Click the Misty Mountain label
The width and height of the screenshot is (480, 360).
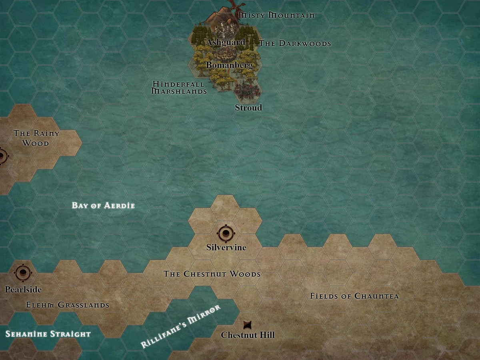click(x=276, y=15)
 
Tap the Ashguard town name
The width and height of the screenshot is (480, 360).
click(x=226, y=42)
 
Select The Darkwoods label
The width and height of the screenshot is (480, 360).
click(x=295, y=43)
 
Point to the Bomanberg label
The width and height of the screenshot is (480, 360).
click(x=229, y=65)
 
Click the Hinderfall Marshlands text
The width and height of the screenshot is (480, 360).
click(x=179, y=88)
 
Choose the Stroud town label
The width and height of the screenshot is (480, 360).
click(x=248, y=108)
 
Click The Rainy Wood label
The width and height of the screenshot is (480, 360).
click(x=36, y=138)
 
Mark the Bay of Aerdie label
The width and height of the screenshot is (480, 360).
click(x=103, y=206)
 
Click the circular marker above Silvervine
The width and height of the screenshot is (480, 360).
click(x=226, y=233)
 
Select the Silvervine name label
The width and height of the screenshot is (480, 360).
click(x=226, y=248)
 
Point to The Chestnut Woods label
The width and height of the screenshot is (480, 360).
click(x=212, y=274)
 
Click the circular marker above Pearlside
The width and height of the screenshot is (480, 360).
click(x=23, y=273)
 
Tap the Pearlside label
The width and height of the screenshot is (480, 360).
click(x=23, y=289)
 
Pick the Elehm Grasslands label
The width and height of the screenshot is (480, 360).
click(x=68, y=305)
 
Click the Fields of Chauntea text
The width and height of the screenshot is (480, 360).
click(x=354, y=296)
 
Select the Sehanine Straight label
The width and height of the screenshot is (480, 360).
click(x=48, y=334)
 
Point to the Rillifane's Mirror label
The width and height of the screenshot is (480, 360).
click(x=181, y=326)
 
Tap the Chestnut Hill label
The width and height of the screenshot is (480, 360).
click(x=248, y=335)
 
